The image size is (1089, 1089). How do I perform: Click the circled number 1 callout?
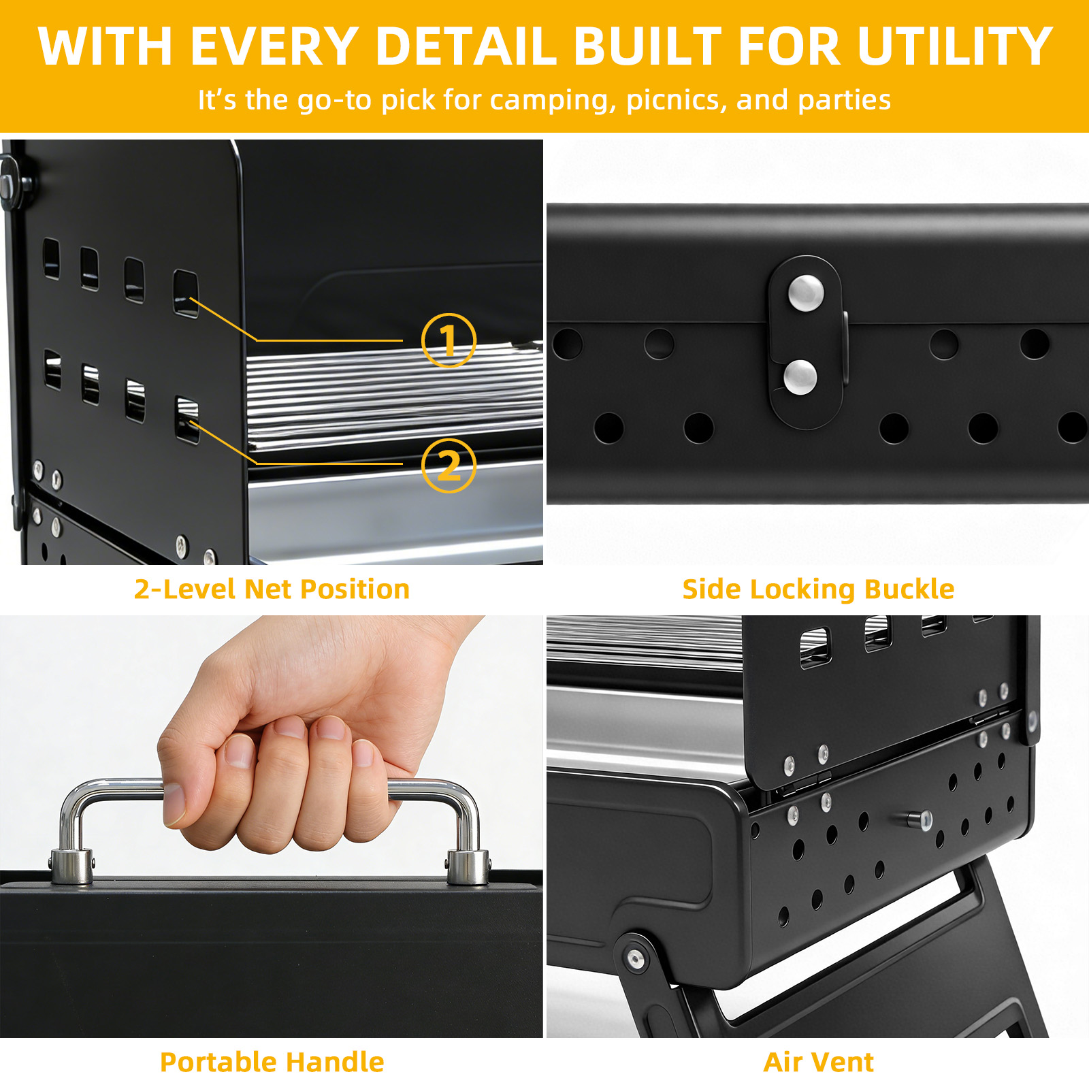[x=449, y=340]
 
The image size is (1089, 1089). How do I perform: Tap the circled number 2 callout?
[x=449, y=466]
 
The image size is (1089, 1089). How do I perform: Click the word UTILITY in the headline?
[x=955, y=47]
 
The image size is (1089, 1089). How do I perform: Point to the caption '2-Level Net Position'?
[x=272, y=589]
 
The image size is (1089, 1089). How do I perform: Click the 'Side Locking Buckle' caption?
[x=818, y=589]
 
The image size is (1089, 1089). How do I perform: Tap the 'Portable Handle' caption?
[x=272, y=1062]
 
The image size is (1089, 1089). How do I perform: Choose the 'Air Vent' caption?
[x=818, y=1062]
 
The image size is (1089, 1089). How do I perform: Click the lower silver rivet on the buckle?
[x=800, y=377]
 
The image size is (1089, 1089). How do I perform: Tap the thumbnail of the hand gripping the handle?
[x=272, y=826]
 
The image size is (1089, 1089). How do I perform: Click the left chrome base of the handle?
[x=71, y=866]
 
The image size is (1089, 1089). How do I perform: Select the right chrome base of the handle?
[x=468, y=866]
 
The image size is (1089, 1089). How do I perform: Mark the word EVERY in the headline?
[x=274, y=47]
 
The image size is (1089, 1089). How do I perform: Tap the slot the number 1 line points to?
[x=186, y=293]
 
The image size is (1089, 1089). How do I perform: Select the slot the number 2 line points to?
[x=187, y=419]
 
